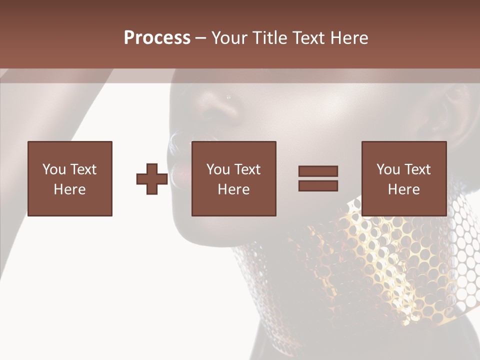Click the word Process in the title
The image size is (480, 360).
[157, 38]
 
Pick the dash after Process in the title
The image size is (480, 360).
[200, 38]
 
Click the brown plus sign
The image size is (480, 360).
[152, 178]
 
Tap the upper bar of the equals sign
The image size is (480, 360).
[318, 171]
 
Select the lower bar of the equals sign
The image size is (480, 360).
[318, 185]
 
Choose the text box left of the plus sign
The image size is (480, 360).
[70, 178]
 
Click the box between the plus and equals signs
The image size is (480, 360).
[233, 178]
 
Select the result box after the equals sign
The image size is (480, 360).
[404, 178]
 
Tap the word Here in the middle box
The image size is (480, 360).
[233, 189]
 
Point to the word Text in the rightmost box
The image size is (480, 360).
[417, 169]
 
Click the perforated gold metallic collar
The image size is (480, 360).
[380, 265]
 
